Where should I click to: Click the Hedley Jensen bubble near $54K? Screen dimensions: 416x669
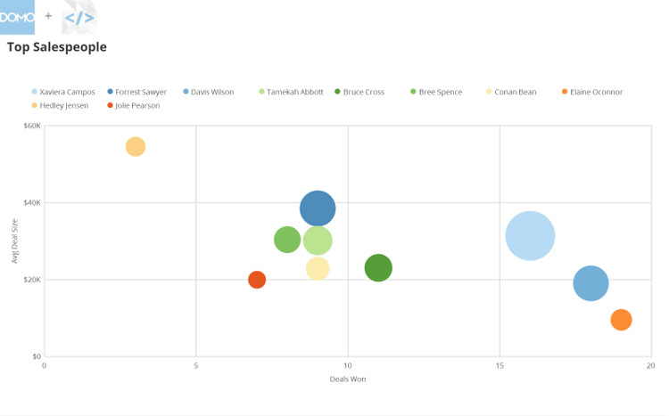click(x=136, y=146)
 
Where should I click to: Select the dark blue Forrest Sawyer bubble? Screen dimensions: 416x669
click(x=318, y=208)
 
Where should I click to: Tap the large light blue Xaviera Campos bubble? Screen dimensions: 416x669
click(x=530, y=236)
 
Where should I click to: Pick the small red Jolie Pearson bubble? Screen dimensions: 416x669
click(x=257, y=280)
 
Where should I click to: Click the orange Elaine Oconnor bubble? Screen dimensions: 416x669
click(x=621, y=319)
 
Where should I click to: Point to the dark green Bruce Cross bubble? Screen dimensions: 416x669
click(x=378, y=267)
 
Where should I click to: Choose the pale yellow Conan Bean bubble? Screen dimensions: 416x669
click(x=318, y=268)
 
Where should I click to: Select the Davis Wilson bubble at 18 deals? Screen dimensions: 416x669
click(x=591, y=283)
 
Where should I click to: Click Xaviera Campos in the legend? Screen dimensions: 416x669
click(x=67, y=92)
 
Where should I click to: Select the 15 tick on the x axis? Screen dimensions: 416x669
click(x=500, y=366)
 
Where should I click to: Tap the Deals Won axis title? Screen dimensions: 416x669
click(x=348, y=379)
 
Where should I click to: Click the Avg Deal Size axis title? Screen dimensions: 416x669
click(x=15, y=241)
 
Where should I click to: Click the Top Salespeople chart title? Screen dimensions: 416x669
click(x=56, y=47)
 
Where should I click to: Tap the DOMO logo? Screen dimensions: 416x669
click(x=17, y=17)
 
